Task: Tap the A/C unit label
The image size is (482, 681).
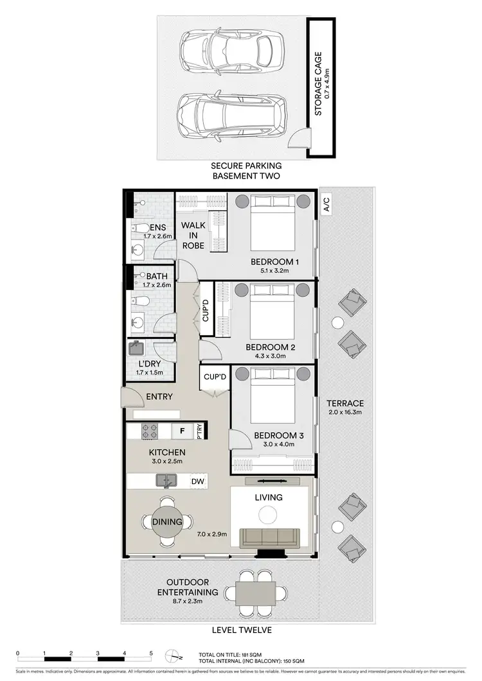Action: tap(326, 205)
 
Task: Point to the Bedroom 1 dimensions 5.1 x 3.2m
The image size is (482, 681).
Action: tap(273, 271)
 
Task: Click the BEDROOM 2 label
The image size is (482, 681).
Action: tap(270, 347)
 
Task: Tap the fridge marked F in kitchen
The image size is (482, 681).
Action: tap(182, 431)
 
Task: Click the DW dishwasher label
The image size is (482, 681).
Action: tap(198, 481)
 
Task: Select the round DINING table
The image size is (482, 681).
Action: tap(167, 522)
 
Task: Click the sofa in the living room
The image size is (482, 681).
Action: tap(268, 539)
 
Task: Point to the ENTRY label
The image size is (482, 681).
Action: tap(159, 397)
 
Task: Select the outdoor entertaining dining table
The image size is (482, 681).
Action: tap(255, 592)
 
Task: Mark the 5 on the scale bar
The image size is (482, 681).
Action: tap(150, 653)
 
